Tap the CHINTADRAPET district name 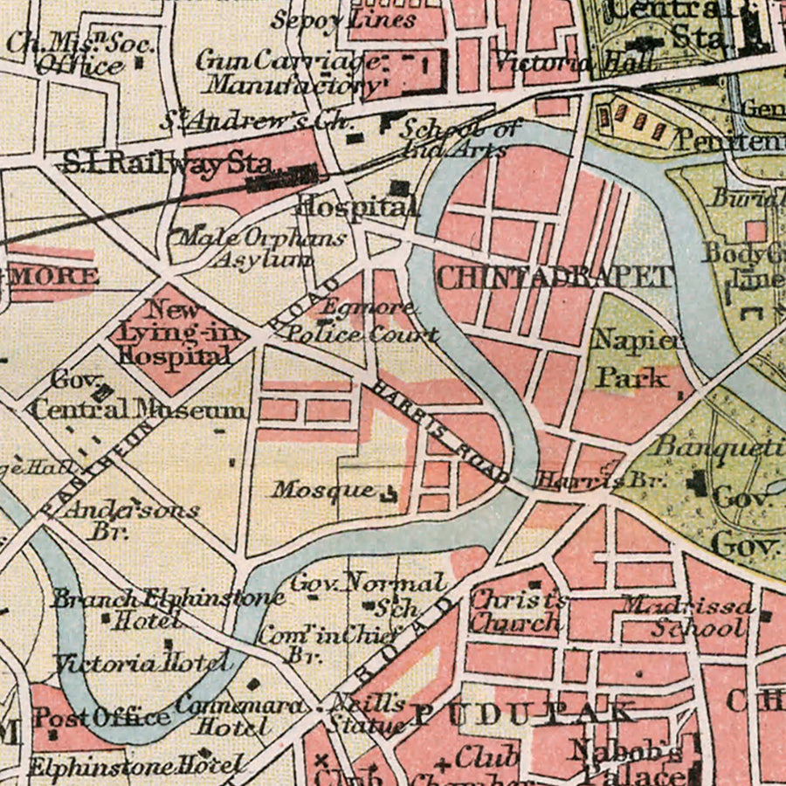555,278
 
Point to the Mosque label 322,490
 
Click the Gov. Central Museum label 135,398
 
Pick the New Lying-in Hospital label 174,333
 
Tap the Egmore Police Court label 362,321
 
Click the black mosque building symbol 389,495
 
